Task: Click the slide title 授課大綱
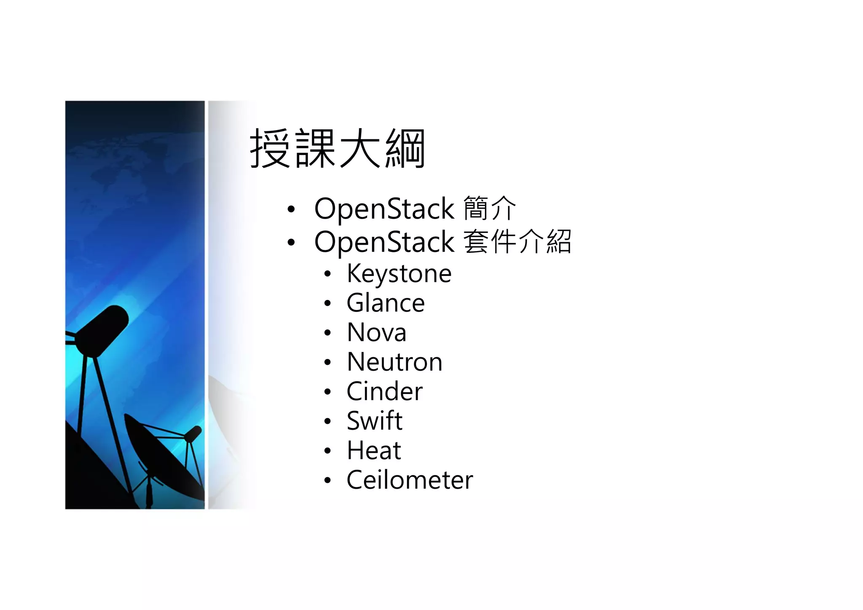(337, 148)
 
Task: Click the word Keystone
(399, 274)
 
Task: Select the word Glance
(386, 303)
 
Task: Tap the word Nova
(376, 332)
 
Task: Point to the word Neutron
(394, 362)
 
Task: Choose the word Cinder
(384, 391)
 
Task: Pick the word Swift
(374, 421)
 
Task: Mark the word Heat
(374, 450)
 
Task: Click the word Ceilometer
(410, 480)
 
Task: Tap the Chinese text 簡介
(489, 209)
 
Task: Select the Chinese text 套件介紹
(517, 242)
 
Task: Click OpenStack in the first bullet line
(384, 209)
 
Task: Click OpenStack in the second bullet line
(384, 242)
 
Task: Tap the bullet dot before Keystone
(328, 275)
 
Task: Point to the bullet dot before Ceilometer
(328, 481)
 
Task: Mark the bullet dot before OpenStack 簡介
(291, 209)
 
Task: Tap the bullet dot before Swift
(328, 422)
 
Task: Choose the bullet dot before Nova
(328, 333)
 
